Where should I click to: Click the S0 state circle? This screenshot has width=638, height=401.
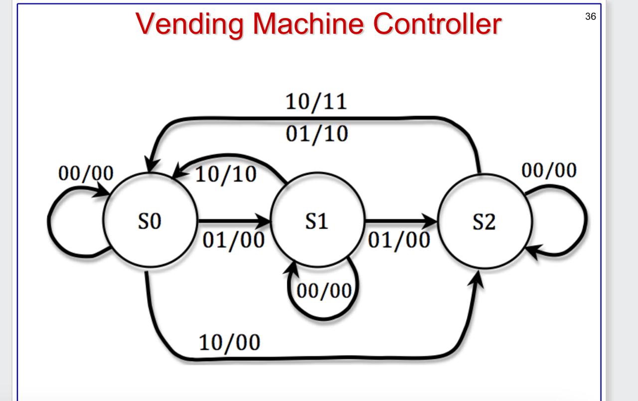[x=150, y=221]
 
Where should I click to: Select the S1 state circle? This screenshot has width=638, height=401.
[x=317, y=221]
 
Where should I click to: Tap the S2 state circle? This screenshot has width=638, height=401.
[x=484, y=222]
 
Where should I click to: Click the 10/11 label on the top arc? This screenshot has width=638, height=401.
[x=316, y=103]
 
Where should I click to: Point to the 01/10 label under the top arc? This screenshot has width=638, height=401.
[x=316, y=134]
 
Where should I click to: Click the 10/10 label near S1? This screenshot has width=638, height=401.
[x=225, y=174]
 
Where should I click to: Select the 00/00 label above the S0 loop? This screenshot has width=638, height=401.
[x=86, y=173]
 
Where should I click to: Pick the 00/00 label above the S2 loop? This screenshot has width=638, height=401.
[x=549, y=170]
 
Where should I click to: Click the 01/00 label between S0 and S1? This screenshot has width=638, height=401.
[x=233, y=241]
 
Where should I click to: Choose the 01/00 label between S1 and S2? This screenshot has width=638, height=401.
[x=399, y=241]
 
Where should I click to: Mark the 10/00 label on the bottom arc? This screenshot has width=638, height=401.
[x=229, y=342]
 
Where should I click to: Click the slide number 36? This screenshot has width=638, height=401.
[x=590, y=16]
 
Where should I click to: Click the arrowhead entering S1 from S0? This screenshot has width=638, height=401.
[x=263, y=220]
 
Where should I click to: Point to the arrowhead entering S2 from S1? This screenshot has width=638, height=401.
[x=430, y=220]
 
